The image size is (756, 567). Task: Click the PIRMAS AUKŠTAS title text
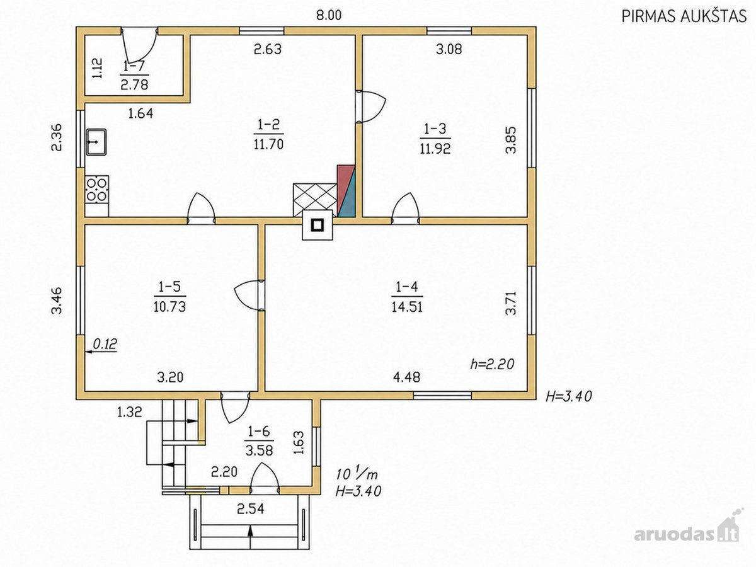[x=684, y=16]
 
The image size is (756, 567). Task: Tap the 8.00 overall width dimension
[x=329, y=15]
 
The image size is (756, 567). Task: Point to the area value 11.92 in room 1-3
[x=435, y=149]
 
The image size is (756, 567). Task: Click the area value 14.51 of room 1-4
[x=407, y=306]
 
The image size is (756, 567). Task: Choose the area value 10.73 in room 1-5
[x=170, y=306]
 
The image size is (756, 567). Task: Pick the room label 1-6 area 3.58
[x=260, y=442]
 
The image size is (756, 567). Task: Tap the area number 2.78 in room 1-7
[x=134, y=84]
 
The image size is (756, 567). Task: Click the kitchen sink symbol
[x=96, y=142]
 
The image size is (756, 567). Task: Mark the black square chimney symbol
[x=318, y=225]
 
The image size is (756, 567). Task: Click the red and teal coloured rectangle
[x=346, y=191]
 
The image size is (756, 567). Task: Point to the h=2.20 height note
[x=492, y=364]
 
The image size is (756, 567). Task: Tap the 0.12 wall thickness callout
[x=105, y=343]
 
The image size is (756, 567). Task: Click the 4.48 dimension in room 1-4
[x=407, y=377]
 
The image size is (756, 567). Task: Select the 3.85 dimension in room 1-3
[x=511, y=140]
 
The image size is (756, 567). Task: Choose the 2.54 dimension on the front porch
[x=251, y=509]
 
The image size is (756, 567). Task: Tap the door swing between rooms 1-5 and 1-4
[x=246, y=296]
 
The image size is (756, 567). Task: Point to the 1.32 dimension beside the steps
[x=130, y=412]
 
